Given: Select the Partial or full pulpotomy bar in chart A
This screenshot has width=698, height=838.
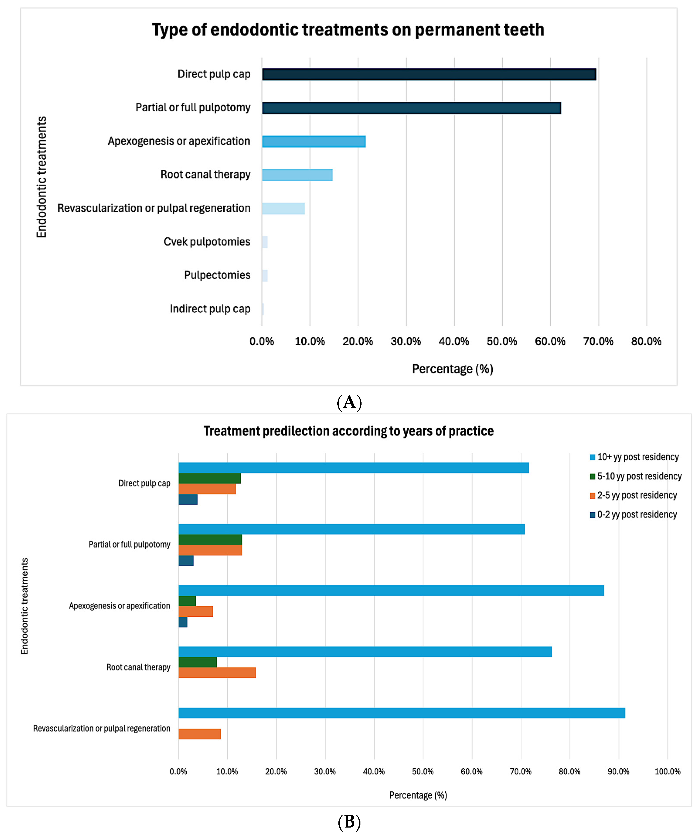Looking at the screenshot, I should pyautogui.click(x=411, y=108).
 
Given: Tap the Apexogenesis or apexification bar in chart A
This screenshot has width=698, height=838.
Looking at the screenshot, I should pyautogui.click(x=314, y=142).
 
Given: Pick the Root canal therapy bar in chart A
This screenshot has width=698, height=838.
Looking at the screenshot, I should pyautogui.click(x=297, y=175).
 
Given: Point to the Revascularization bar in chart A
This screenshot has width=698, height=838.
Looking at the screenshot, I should pyautogui.click(x=283, y=209).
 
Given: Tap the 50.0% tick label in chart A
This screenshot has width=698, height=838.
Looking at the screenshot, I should pyautogui.click(x=502, y=342).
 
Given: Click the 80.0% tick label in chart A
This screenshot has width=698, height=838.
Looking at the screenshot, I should pyautogui.click(x=646, y=342).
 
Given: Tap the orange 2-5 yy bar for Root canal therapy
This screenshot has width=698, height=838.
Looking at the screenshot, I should pyautogui.click(x=217, y=673).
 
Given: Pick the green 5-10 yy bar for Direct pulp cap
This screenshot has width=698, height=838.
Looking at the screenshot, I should pyautogui.click(x=209, y=479).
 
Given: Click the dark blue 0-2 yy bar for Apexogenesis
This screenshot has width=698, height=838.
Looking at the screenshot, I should pyautogui.click(x=183, y=622).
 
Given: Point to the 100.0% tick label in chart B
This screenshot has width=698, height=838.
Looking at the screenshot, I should pyautogui.click(x=667, y=772).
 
